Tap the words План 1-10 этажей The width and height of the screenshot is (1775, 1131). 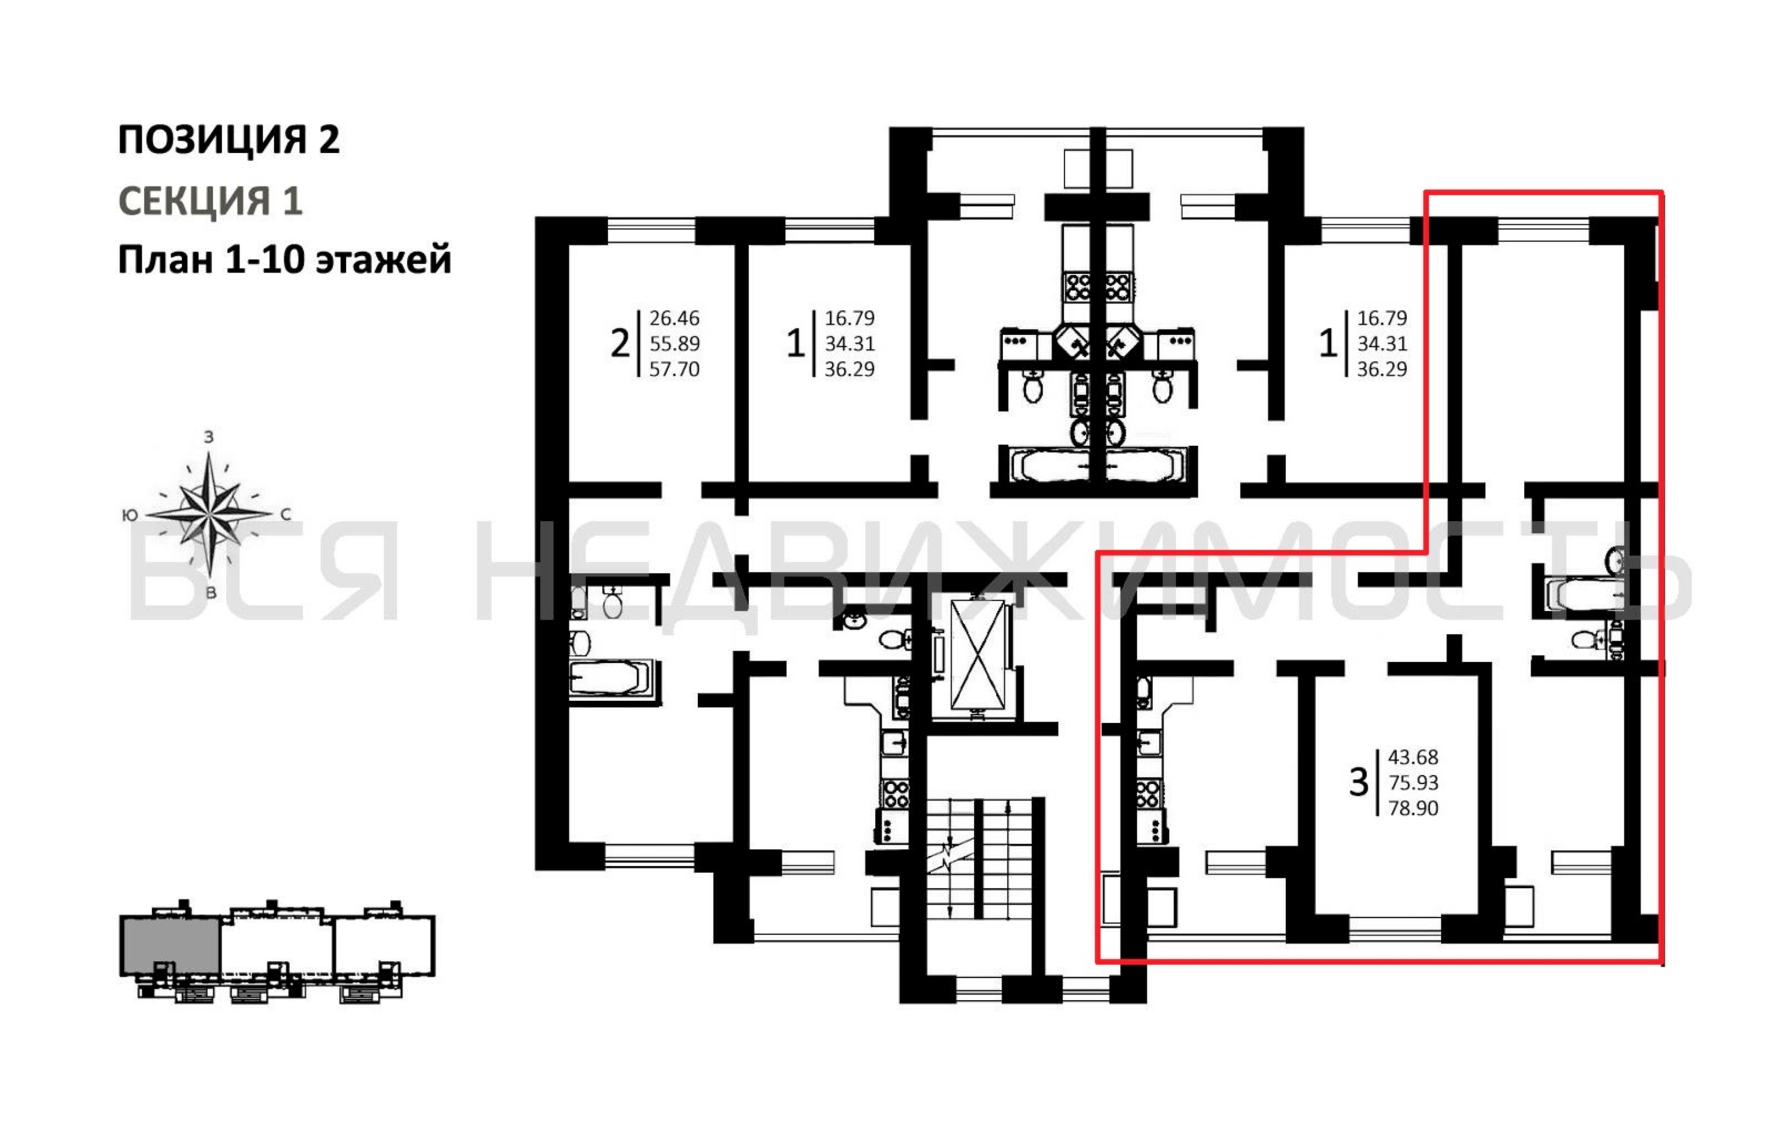pyautogui.click(x=285, y=260)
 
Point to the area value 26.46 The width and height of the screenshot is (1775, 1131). pyautogui.click(x=674, y=318)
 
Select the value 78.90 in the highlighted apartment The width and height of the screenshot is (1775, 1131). pyautogui.click(x=1413, y=808)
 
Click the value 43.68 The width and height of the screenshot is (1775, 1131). pyautogui.click(x=1413, y=757)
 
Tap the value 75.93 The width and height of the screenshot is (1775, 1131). pyautogui.click(x=1413, y=783)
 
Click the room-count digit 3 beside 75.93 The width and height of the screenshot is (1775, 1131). pyautogui.click(x=1359, y=783)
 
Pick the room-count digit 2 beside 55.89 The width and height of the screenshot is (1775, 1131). pyautogui.click(x=620, y=343)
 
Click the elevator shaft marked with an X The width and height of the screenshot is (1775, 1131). pyautogui.click(x=977, y=654)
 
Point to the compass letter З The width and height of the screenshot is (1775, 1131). pyautogui.click(x=209, y=437)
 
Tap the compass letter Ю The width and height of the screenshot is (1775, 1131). pyautogui.click(x=130, y=515)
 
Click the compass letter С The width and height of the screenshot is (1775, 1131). pyautogui.click(x=286, y=515)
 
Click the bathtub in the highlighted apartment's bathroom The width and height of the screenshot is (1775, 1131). pyautogui.click(x=1584, y=594)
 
